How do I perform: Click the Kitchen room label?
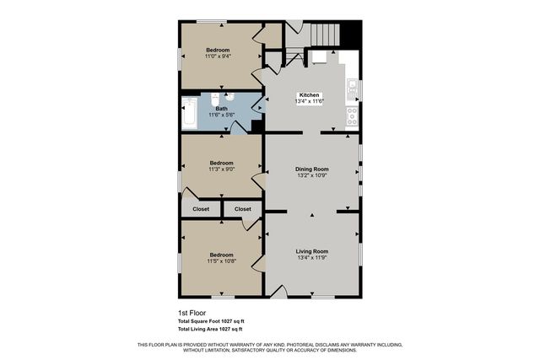click(310, 95)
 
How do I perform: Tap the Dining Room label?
click(311, 169)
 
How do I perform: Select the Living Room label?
click(311, 251)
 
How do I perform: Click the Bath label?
click(221, 109)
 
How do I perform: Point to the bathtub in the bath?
click(189, 114)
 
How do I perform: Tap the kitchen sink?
click(353, 87)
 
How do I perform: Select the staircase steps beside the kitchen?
click(325, 35)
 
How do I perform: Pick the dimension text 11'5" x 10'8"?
click(221, 261)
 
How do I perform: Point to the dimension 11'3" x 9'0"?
click(221, 169)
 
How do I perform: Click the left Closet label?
click(201, 208)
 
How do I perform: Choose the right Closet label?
click(242, 208)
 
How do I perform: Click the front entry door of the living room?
click(279, 291)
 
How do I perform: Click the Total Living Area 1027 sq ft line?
click(211, 328)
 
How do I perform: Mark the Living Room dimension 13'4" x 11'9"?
click(311, 258)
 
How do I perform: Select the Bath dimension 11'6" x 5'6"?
click(221, 116)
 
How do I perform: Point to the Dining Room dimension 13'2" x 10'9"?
click(311, 176)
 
